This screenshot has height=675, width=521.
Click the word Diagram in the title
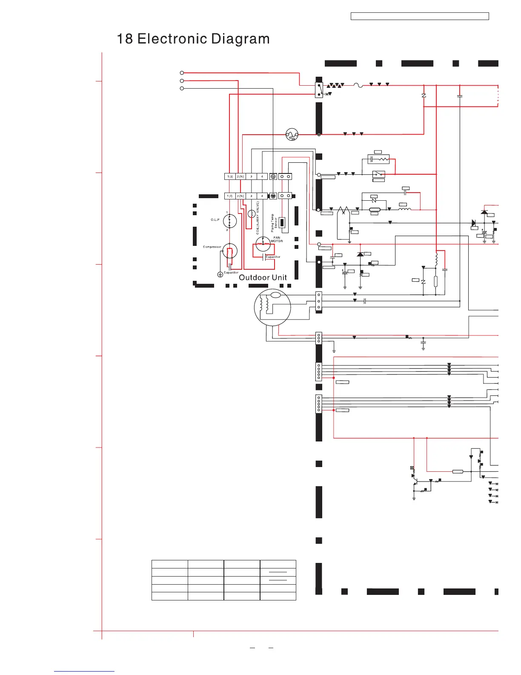pos(240,39)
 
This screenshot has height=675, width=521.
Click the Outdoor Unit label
pos(263,277)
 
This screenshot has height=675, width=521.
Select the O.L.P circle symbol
pos(230,221)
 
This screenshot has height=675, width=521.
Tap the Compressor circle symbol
pos(230,251)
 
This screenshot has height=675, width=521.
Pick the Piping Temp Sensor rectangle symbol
pos(282,223)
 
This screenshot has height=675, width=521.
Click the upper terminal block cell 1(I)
pos(230,176)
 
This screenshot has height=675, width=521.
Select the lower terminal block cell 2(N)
pos(240,196)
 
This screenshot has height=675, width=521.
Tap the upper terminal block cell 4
pos(262,176)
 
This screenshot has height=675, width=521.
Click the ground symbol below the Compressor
pos(220,274)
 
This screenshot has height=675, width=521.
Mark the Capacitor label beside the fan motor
pos(273,257)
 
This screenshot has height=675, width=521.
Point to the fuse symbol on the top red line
pos(358,85)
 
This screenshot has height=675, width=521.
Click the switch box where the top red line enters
pos(319,89)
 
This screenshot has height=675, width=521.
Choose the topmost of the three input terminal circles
pos(182,73)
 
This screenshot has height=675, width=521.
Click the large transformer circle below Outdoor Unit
pos(272,307)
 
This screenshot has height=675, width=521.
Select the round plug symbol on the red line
pos(292,135)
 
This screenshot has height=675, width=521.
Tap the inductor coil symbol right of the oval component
pos(404,209)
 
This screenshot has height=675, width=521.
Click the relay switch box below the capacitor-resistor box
pos(378,174)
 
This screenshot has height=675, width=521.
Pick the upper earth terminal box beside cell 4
pos(273,176)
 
